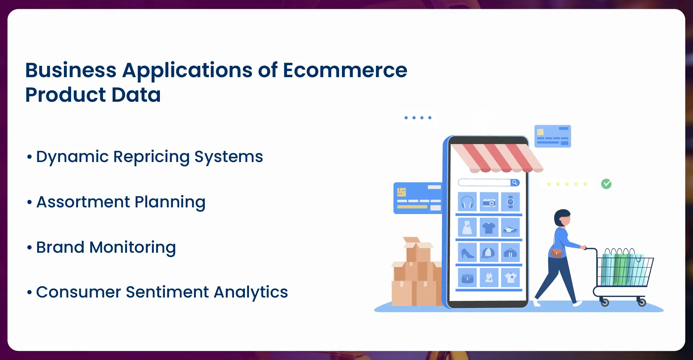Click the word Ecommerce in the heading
click(345, 70)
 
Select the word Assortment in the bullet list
click(83, 202)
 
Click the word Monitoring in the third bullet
click(133, 247)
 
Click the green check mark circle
click(606, 184)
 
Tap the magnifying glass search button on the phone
click(515, 182)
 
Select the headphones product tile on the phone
click(467, 202)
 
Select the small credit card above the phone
click(552, 136)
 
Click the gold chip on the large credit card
click(401, 192)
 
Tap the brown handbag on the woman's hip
click(556, 253)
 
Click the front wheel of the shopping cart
click(642, 302)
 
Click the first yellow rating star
click(549, 184)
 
